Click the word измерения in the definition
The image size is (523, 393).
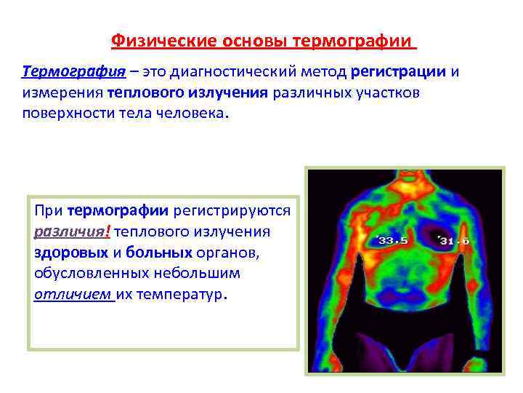click(62, 94)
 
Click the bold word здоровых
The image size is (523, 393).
click(70, 253)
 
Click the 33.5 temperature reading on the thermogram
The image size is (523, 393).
click(392, 241)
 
